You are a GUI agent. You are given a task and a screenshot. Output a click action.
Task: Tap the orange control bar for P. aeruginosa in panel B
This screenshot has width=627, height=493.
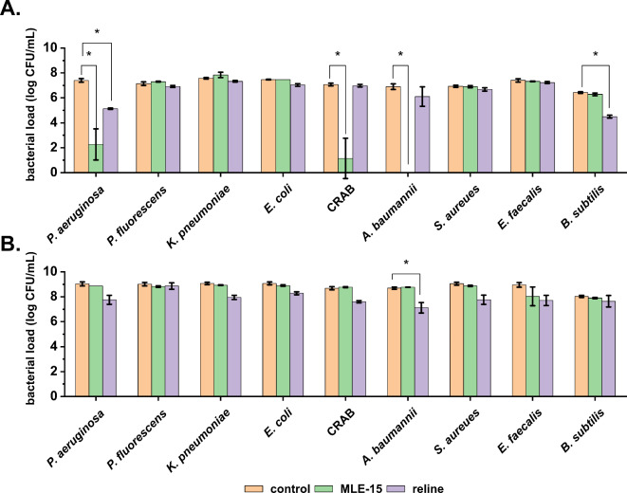pyautogui.click(x=83, y=331)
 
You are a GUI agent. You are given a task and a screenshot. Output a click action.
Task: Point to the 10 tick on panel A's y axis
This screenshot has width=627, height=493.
pyautogui.click(x=55, y=47)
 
